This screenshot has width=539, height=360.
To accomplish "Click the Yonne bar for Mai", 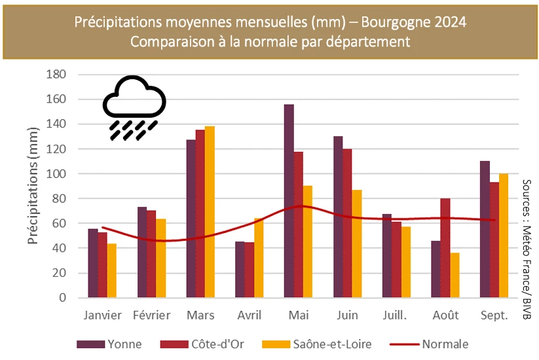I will point(289,200).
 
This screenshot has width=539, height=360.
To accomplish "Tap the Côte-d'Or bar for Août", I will point(445,247).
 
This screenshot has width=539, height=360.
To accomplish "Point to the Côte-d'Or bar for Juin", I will point(347,223).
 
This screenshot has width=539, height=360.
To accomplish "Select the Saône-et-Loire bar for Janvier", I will point(112,270).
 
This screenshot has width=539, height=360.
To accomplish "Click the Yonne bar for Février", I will point(142,252).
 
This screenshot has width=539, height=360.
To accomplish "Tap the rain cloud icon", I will point(134,108).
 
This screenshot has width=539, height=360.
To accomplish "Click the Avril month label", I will point(249,315).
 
